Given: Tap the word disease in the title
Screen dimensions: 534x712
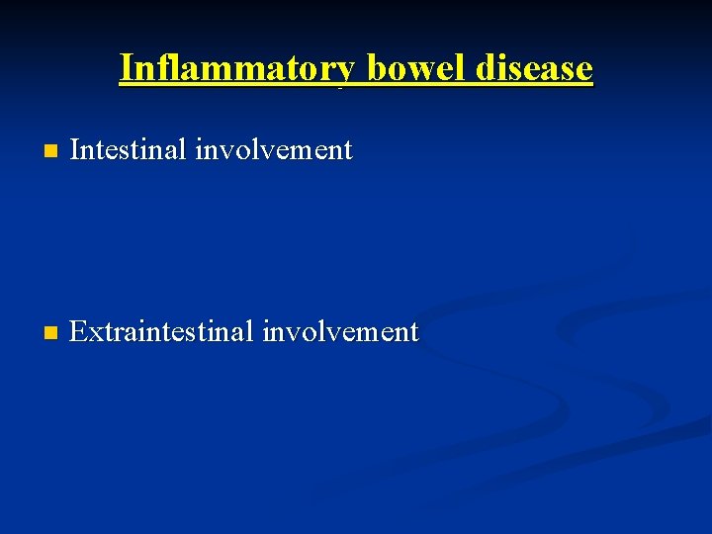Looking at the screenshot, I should (536, 68).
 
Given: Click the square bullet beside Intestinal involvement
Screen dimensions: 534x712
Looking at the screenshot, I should (51, 152).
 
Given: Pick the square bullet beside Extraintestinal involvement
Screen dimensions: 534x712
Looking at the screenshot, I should (51, 333).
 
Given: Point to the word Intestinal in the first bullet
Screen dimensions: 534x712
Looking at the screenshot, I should (128, 150).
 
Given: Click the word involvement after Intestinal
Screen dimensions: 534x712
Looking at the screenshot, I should (274, 150).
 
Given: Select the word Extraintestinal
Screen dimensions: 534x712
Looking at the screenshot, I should (161, 332).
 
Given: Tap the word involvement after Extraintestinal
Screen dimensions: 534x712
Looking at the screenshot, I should (340, 332).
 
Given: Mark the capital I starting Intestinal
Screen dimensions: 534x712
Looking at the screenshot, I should (76, 150).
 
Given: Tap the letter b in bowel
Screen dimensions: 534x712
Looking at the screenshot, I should (377, 68).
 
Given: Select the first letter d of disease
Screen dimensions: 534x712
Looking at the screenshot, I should (488, 68).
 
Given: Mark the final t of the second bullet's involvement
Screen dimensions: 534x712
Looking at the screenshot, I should (413, 333).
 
